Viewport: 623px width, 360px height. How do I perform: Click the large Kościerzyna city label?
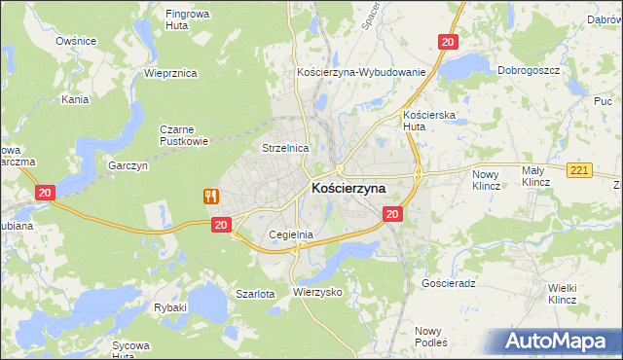point(348,188)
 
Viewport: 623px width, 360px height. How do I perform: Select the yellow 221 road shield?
point(579,171)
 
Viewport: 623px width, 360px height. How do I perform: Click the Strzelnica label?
point(285,148)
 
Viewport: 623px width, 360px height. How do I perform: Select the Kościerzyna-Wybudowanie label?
point(361,73)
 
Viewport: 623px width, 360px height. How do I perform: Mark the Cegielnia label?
point(291,234)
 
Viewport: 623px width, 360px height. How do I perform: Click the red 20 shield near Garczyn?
point(45,193)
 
